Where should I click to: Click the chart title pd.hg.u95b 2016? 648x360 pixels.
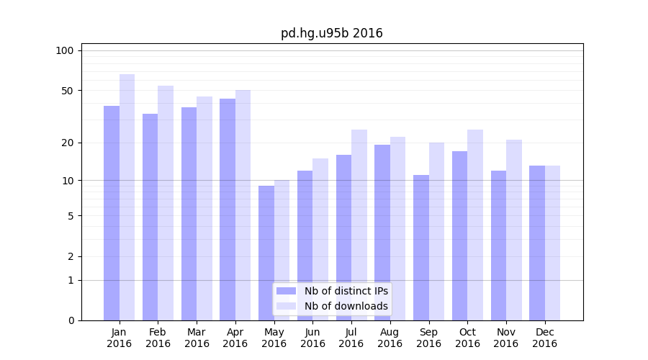(x=331, y=34)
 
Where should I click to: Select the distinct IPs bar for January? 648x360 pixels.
(x=112, y=213)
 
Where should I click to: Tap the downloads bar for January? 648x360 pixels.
(x=127, y=197)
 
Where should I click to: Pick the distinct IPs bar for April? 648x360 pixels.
(x=228, y=210)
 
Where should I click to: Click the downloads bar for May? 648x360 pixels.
(x=282, y=250)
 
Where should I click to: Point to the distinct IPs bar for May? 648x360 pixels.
(x=266, y=253)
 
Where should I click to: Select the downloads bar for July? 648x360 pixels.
(x=359, y=225)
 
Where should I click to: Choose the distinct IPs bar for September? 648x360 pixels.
(x=421, y=248)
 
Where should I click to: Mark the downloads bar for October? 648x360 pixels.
(x=475, y=225)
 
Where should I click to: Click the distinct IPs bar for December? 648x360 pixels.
(x=537, y=243)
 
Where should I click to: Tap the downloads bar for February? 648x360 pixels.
(x=166, y=203)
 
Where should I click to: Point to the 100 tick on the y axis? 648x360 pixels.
(x=65, y=50)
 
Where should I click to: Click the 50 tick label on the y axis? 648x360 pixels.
(x=68, y=91)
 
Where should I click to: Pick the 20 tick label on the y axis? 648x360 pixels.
(x=68, y=143)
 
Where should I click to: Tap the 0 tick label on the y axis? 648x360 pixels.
(x=71, y=320)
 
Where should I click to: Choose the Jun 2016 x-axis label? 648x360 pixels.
(x=312, y=338)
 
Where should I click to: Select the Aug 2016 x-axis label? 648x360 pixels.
(x=390, y=338)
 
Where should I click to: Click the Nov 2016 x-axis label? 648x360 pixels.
(x=505, y=338)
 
